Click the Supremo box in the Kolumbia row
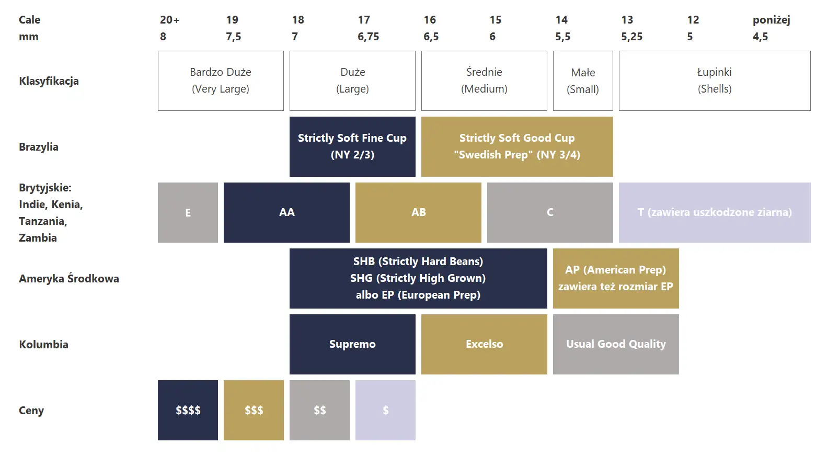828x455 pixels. [352, 344]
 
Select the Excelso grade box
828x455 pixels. [484, 344]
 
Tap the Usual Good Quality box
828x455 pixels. [616, 344]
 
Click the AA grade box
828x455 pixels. [286, 212]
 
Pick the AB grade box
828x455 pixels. [418, 212]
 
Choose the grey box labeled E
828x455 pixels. [188, 212]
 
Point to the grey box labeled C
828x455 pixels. [550, 212]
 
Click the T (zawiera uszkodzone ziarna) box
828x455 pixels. [715, 212]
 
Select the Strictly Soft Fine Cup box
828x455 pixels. [352, 146]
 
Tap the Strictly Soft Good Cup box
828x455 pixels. [517, 146]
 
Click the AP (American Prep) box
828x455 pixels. [616, 278]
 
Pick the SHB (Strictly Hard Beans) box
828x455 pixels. [418, 278]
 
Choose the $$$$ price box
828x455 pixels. [188, 410]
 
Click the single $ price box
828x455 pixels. [386, 410]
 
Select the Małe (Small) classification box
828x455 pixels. [583, 81]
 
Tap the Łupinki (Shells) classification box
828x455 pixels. [715, 81]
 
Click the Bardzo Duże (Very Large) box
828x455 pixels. [221, 81]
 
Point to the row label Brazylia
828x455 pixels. [39, 147]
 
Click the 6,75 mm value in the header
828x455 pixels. [368, 37]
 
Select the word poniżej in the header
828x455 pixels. [772, 20]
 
